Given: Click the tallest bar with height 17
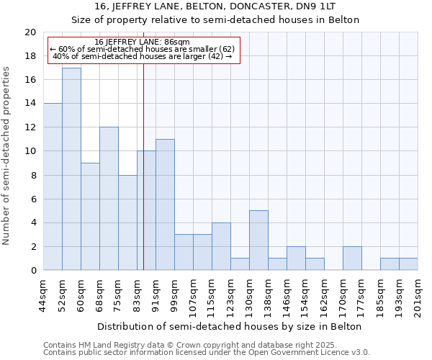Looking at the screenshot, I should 71,169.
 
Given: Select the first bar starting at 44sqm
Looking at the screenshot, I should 53,187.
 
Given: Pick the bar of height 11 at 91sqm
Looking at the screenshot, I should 165,205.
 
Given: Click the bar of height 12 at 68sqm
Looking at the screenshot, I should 109,199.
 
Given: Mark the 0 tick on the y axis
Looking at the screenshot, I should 32,270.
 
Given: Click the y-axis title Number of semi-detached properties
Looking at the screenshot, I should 7,156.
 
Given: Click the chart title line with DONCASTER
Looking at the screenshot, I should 215,6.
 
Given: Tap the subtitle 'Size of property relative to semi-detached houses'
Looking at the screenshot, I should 215,19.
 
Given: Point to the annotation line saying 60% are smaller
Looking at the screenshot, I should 143,49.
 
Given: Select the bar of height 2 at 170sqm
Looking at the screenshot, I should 352,258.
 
